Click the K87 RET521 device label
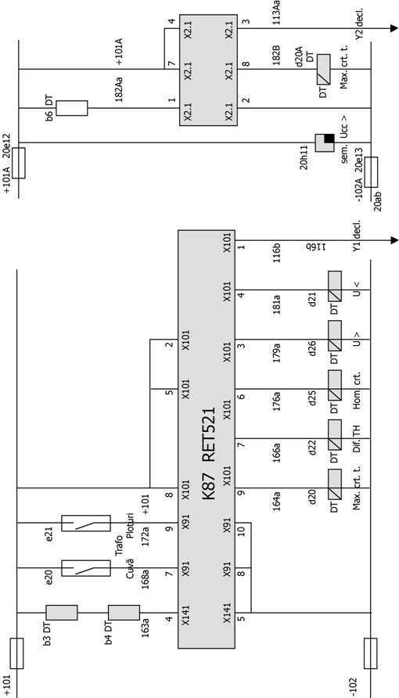click(x=209, y=453)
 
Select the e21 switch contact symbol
click(x=86, y=523)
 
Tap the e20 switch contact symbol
click(x=86, y=568)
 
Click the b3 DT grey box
click(x=62, y=613)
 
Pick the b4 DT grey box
click(x=124, y=613)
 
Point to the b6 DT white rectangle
click(x=72, y=108)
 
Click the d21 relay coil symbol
click(x=335, y=290)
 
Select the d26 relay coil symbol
click(x=335, y=340)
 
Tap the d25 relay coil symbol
click(x=335, y=389)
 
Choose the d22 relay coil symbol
click(x=335, y=438)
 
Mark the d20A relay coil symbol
click(x=323, y=69)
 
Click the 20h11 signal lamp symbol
click(x=325, y=142)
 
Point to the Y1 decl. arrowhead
click(x=394, y=240)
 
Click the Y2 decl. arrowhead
click(x=394, y=28)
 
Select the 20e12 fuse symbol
click(x=19, y=164)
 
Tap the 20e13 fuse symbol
click(x=371, y=172)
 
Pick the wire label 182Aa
click(x=119, y=89)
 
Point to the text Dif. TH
click(x=356, y=438)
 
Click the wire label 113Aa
click(x=276, y=12)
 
